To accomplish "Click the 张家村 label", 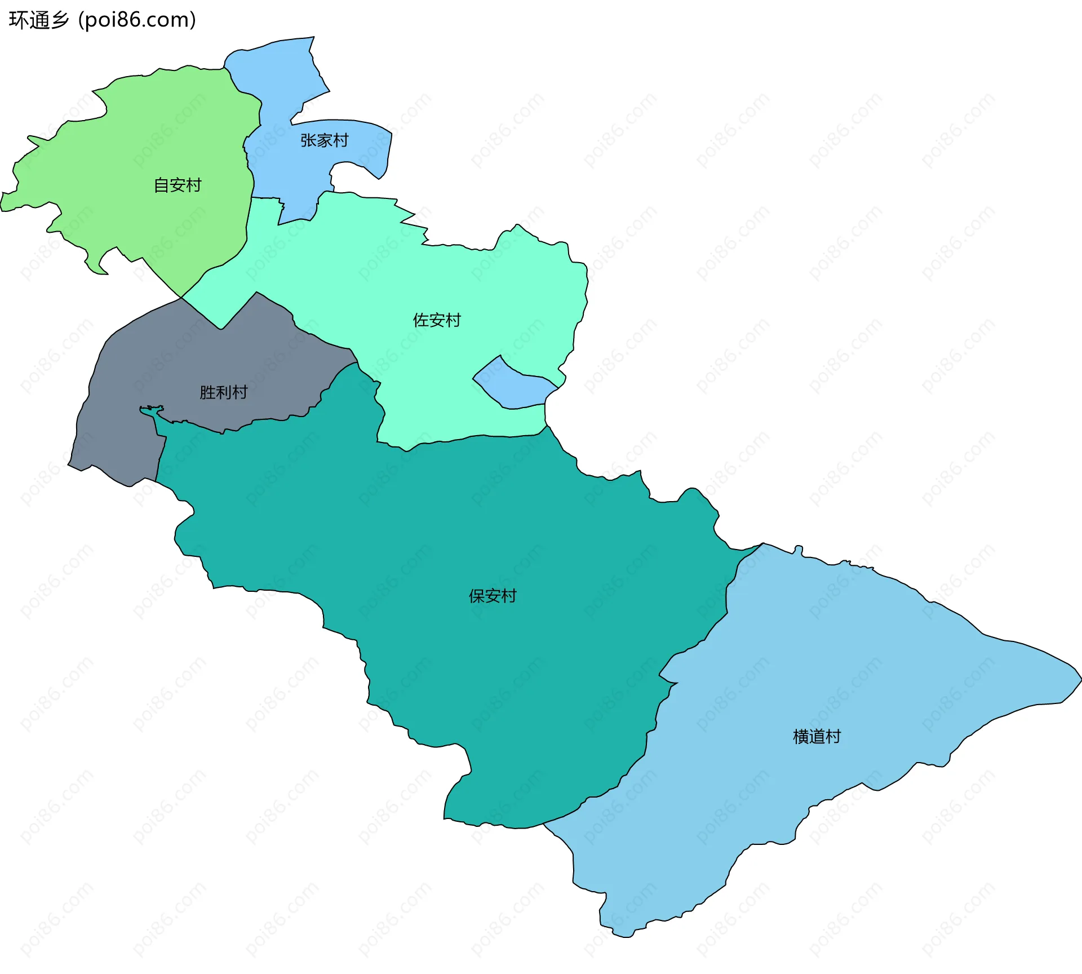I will click(x=324, y=140).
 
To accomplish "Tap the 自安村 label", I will click(x=178, y=185).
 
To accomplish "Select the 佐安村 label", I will click(x=437, y=320).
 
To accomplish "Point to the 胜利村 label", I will click(x=224, y=392).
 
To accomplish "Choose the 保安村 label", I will click(x=493, y=596).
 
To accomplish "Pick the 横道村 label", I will click(x=817, y=736).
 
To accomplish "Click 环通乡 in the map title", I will click(x=39, y=20).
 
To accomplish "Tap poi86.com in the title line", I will click(x=137, y=20).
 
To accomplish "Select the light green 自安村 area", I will click(x=141, y=141).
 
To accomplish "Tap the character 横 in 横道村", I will click(x=801, y=736).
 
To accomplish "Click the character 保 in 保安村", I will click(x=477, y=596).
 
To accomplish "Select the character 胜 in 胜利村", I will click(x=208, y=392).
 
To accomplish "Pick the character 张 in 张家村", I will click(x=308, y=140).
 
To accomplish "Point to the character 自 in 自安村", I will click(x=162, y=185).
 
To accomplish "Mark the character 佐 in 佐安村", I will click(x=421, y=320).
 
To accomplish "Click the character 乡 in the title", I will click(x=59, y=20).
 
